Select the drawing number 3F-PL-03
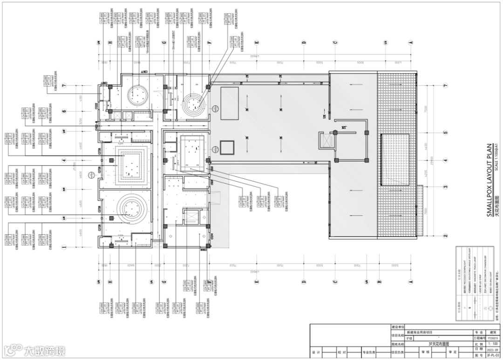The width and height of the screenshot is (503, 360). coord(492,355)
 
